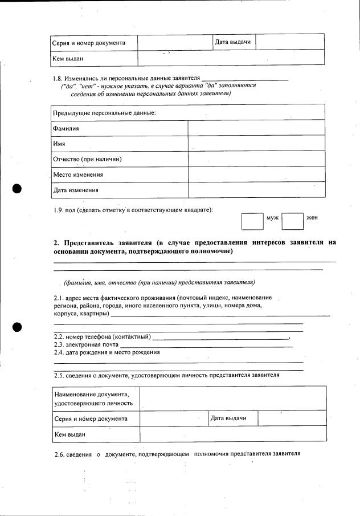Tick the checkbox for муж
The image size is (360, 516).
[x=252, y=221]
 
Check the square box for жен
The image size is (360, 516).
[x=292, y=221]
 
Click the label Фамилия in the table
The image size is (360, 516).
[x=66, y=128]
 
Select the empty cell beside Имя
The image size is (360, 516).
[x=256, y=144]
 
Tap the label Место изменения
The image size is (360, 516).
[x=78, y=174]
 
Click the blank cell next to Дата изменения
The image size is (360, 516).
[x=256, y=190]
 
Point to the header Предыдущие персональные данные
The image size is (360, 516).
[x=104, y=113]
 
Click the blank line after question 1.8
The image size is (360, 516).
[x=246, y=78]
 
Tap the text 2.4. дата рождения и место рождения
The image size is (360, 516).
[x=107, y=352]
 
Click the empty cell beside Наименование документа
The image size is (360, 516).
[x=233, y=398]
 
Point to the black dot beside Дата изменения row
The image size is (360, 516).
[x=18, y=189]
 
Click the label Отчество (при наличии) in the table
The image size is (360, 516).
[x=87, y=159]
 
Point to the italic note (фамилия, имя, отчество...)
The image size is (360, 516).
[x=159, y=282]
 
